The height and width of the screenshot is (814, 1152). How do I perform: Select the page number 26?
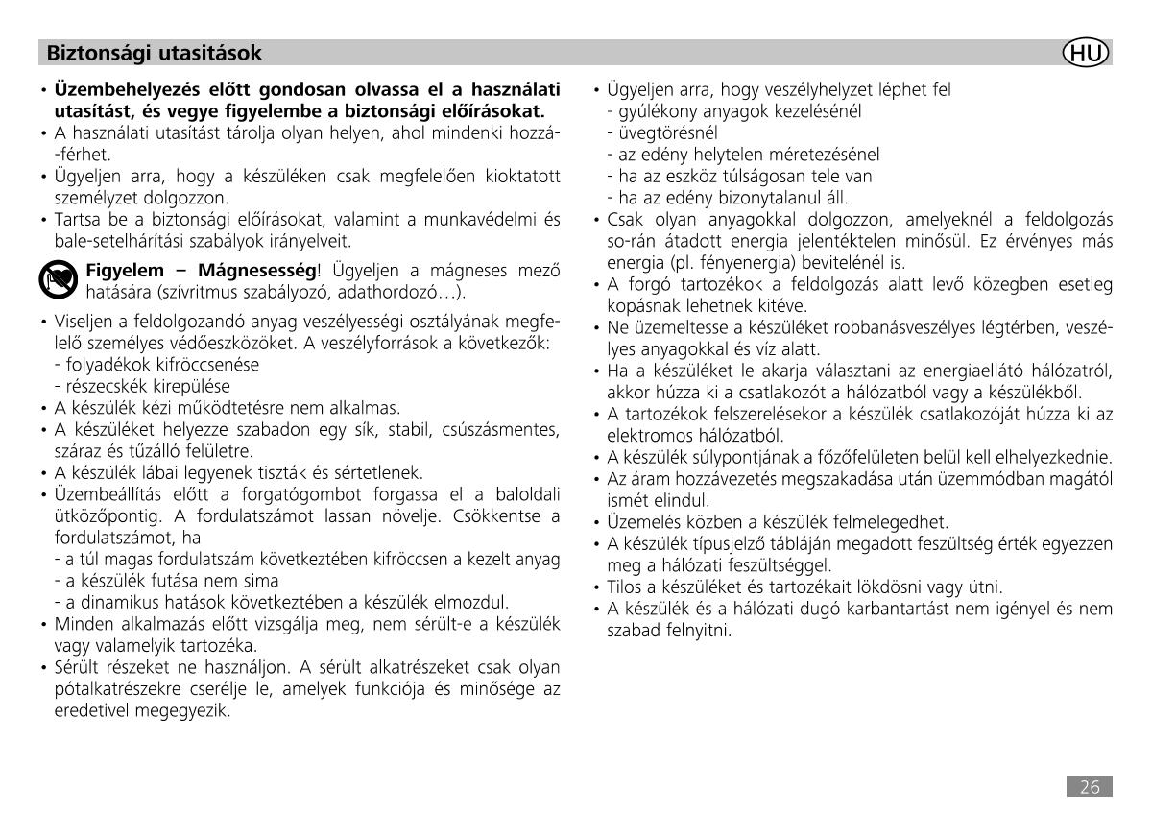[1089, 787]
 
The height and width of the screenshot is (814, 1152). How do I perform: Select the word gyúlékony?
[651, 111]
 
